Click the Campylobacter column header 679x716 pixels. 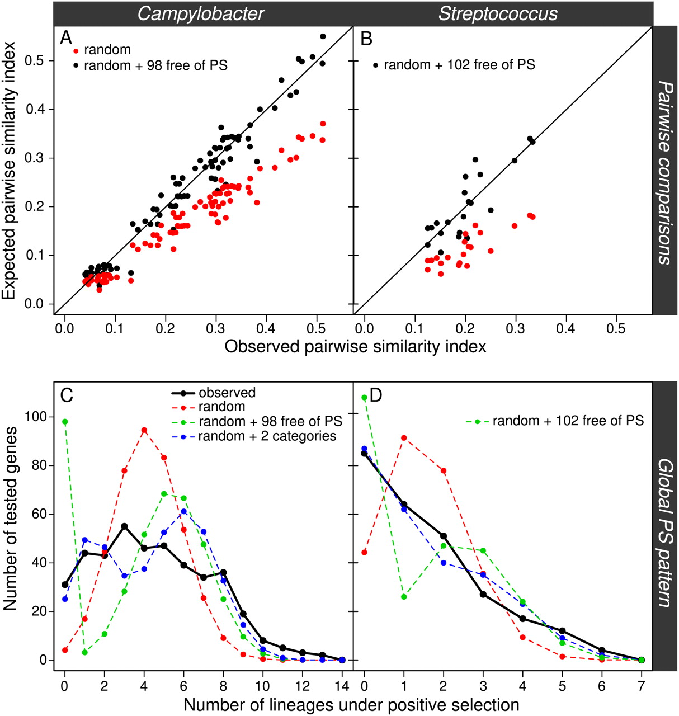(x=201, y=13)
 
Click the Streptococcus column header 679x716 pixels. (x=498, y=13)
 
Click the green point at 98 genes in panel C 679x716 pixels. (x=65, y=422)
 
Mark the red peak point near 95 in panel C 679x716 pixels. (x=144, y=430)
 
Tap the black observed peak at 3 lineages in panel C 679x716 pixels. (x=124, y=526)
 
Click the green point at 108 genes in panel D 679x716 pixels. (x=365, y=398)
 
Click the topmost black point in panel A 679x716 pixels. (x=323, y=36)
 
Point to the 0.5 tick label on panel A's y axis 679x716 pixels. (x=41, y=60)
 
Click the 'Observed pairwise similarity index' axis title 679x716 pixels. (x=355, y=347)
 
